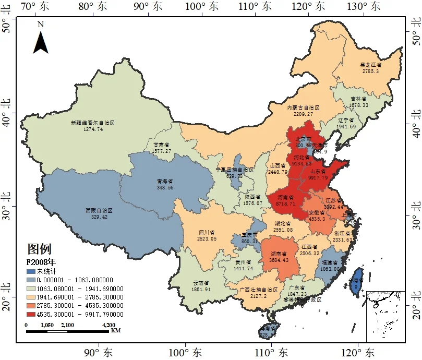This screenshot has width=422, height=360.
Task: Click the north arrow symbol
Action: click(x=41, y=41)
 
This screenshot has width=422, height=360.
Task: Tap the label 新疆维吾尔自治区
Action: click(x=92, y=123)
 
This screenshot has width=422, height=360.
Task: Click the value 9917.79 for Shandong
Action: click(x=319, y=178)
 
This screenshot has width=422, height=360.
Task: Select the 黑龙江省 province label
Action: click(x=370, y=65)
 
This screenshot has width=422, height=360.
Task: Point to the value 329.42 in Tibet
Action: click(x=99, y=217)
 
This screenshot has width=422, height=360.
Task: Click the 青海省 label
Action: click(x=165, y=181)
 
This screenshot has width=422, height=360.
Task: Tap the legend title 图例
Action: click(x=39, y=249)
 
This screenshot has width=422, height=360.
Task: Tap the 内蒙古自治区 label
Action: click(x=303, y=107)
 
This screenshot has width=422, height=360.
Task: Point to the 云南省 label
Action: click(x=201, y=282)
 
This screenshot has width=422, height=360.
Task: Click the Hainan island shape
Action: click(x=269, y=331)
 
